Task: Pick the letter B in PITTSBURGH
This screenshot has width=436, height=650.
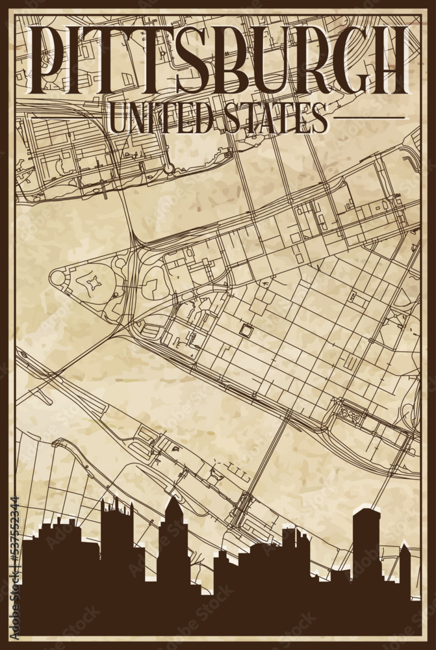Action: tap(227, 60)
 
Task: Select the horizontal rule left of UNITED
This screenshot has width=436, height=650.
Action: tap(62, 118)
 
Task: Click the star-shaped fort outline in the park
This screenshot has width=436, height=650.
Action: tap(94, 283)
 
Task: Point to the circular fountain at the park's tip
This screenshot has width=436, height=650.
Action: tap(58, 278)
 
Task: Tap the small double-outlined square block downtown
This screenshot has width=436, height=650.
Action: tap(246, 330)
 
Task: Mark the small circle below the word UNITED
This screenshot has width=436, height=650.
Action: tap(169, 168)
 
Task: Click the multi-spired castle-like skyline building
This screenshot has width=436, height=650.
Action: tap(117, 526)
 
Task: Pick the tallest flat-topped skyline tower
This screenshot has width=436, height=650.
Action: tap(366, 539)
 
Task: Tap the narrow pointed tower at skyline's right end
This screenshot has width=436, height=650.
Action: tap(404, 565)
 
